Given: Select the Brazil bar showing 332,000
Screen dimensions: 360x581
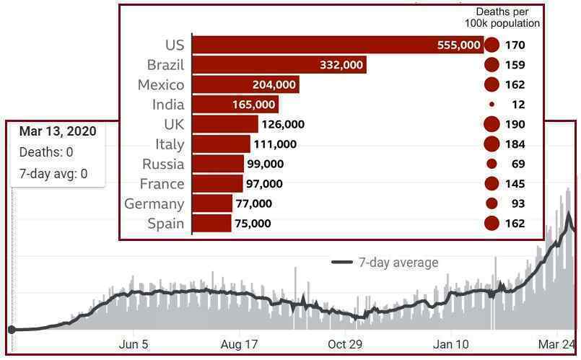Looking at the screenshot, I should (x=279, y=65).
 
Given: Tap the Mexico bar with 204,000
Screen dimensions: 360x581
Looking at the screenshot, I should (x=246, y=84).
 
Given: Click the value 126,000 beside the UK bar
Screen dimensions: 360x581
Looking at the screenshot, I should (x=283, y=124).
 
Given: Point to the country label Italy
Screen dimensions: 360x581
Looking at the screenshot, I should (x=170, y=144).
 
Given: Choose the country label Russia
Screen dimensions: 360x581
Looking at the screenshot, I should (x=163, y=164).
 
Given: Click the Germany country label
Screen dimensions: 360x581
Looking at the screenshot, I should (x=154, y=203).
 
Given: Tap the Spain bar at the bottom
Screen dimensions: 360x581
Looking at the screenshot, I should (x=212, y=224).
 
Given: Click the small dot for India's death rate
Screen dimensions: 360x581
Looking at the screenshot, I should (x=492, y=105).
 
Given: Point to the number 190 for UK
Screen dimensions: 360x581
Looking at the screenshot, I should (x=515, y=124).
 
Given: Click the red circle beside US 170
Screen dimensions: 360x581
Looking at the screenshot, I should (x=492, y=45).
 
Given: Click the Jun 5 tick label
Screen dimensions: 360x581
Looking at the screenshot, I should (x=134, y=345).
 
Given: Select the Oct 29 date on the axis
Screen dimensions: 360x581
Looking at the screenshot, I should (x=345, y=345).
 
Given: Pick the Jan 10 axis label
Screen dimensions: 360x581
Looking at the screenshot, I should (x=450, y=345).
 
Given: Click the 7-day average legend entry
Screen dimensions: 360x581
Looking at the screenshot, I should (x=385, y=263).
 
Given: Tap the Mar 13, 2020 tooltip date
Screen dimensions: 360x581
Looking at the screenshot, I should (x=58, y=131).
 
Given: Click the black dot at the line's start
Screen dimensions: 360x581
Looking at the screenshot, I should (x=12, y=330).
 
